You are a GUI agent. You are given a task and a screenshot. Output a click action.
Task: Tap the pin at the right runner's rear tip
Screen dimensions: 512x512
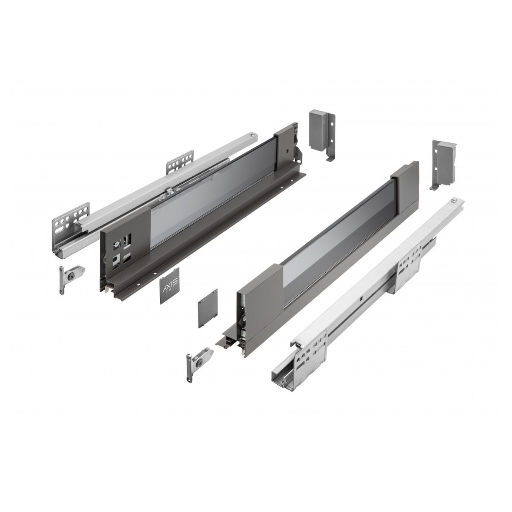(454, 201)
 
